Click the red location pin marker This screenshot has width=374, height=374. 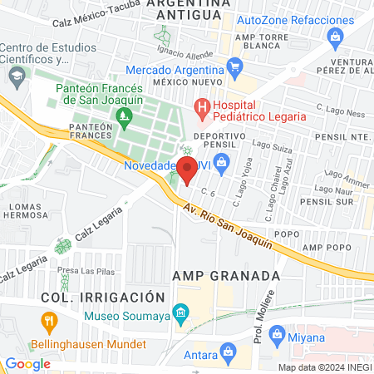point(187,170)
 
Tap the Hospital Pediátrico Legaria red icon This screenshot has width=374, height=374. point(200,106)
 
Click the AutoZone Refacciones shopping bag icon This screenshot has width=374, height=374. point(335,36)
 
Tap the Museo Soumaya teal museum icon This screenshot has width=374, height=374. point(179,313)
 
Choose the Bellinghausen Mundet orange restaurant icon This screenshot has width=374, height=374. point(49,321)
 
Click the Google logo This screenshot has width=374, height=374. point(27,363)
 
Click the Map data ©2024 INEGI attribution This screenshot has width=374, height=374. point(324,367)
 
